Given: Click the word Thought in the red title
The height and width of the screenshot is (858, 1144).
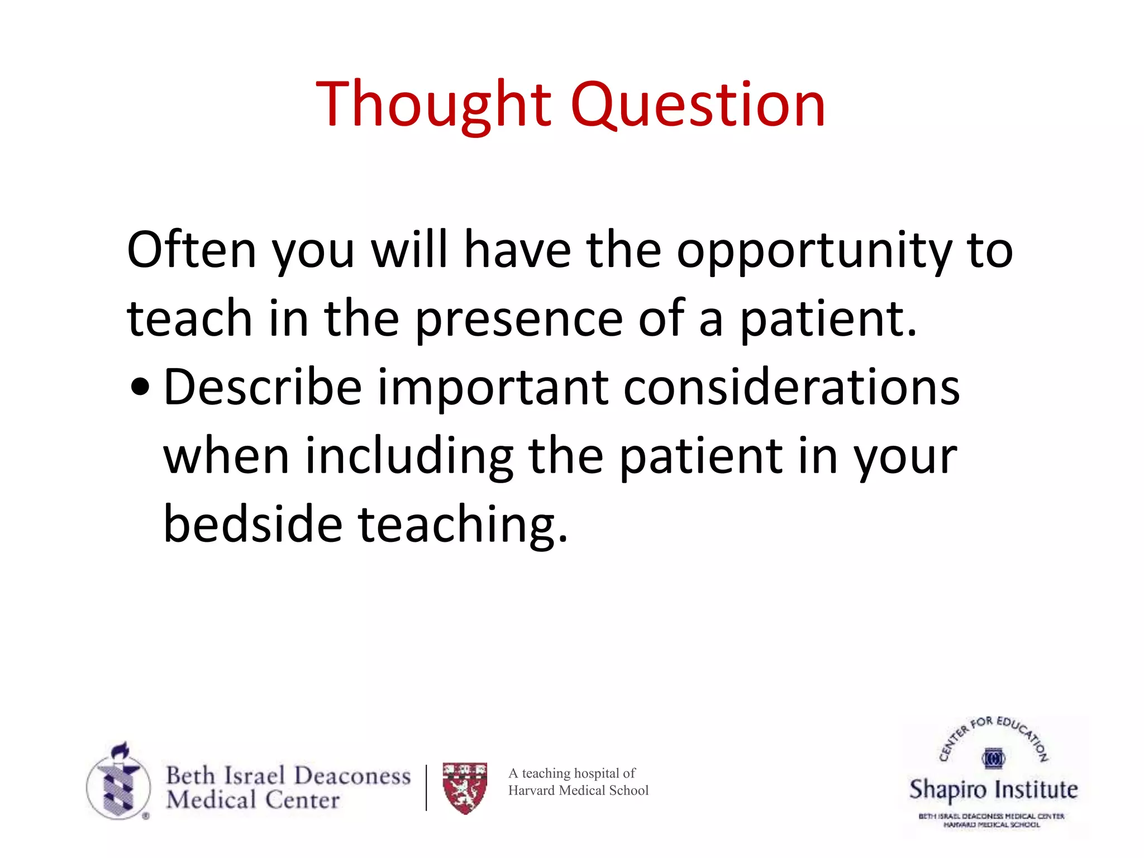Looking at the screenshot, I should [x=433, y=105].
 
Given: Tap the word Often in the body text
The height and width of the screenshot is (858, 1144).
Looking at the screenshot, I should [x=192, y=250].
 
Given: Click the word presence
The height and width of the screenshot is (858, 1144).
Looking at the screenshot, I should [x=519, y=320].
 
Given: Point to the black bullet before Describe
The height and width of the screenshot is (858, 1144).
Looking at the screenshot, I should [x=140, y=387].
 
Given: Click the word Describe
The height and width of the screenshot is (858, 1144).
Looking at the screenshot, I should [x=263, y=387].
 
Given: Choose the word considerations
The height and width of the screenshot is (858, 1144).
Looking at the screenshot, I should [x=791, y=387].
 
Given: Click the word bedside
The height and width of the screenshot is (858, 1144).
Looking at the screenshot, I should [x=252, y=524].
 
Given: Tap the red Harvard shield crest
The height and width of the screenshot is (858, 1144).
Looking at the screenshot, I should [x=465, y=788].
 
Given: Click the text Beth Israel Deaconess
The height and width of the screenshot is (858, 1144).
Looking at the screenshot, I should [x=288, y=775].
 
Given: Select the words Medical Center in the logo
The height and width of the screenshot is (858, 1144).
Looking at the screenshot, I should [x=252, y=800].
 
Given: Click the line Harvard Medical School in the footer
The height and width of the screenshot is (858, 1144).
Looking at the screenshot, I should [x=578, y=790].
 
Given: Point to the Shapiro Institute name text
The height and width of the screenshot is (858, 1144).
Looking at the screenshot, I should [x=993, y=789].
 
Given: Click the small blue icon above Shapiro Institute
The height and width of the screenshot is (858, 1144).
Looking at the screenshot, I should [x=993, y=758].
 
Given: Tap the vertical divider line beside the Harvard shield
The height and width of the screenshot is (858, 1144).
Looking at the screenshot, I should [x=426, y=788].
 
